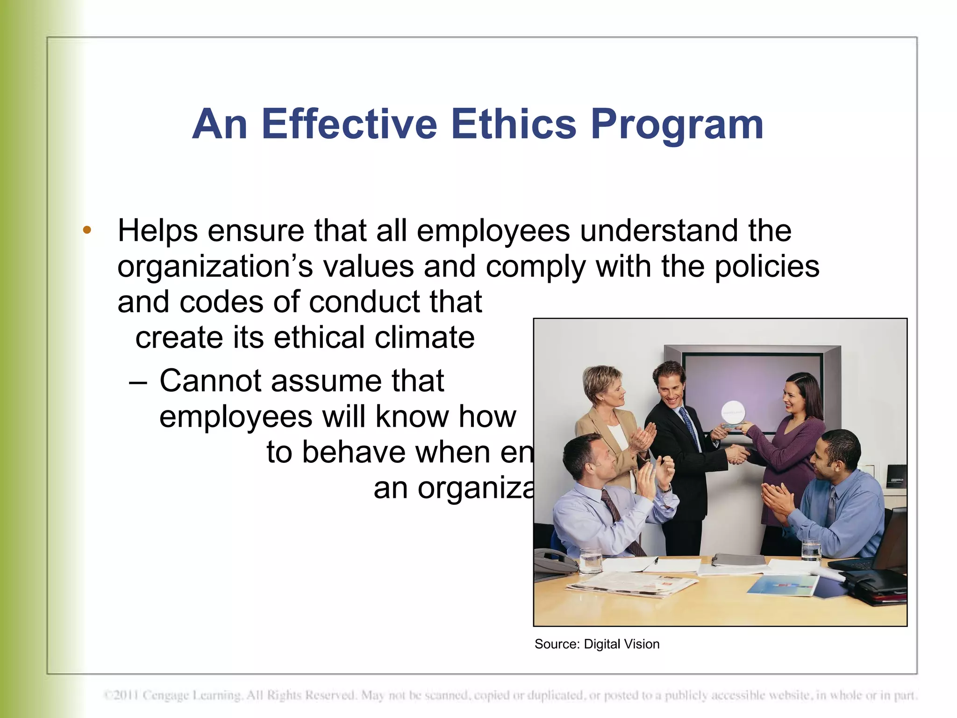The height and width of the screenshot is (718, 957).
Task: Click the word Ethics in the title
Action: [x=514, y=124]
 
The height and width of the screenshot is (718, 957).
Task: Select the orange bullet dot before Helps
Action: [x=87, y=230]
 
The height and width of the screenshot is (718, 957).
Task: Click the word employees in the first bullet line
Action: [x=493, y=231]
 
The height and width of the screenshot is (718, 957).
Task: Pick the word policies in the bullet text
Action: [x=767, y=267]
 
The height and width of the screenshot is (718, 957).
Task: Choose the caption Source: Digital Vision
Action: [x=597, y=644]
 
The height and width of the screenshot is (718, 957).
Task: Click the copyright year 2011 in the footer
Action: [x=125, y=696]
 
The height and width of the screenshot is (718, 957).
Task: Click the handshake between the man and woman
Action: [x=737, y=453]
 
